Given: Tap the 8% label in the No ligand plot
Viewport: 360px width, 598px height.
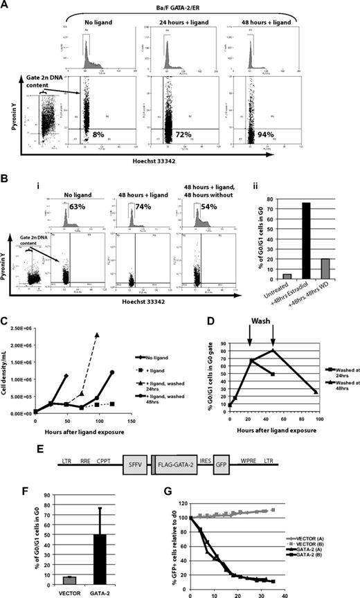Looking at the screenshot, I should click(x=98, y=147).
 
